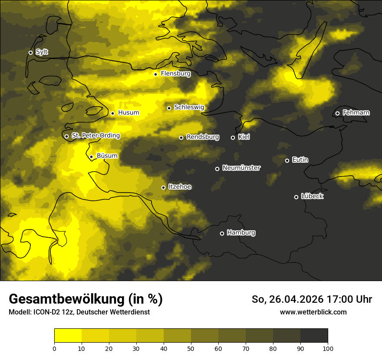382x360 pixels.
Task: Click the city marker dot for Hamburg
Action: point(222,233)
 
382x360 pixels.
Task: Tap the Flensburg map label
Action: point(175,74)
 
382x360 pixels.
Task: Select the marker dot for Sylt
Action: point(30,52)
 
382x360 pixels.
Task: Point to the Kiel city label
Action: point(244,137)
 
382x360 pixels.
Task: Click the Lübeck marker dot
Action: point(296,197)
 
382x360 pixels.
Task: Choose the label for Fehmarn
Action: point(356,113)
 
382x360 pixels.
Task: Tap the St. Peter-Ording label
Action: point(95,135)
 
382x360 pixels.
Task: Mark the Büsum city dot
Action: point(91,157)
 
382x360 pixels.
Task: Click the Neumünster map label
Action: point(241,168)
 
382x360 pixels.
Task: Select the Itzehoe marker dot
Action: point(163,187)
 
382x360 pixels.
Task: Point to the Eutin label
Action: point(300,160)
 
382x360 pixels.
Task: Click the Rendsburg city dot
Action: point(181,137)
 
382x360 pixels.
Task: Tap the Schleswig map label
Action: point(189,107)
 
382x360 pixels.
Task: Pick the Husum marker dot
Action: point(112,113)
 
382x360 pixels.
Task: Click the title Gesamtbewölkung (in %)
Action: point(86,299)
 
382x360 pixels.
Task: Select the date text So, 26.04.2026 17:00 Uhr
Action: point(312,299)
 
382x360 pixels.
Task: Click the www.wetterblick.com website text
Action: point(313,312)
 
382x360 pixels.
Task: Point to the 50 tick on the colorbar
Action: point(191,348)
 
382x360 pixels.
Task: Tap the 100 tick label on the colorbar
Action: point(328,348)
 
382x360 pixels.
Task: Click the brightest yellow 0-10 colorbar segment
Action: point(68,336)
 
